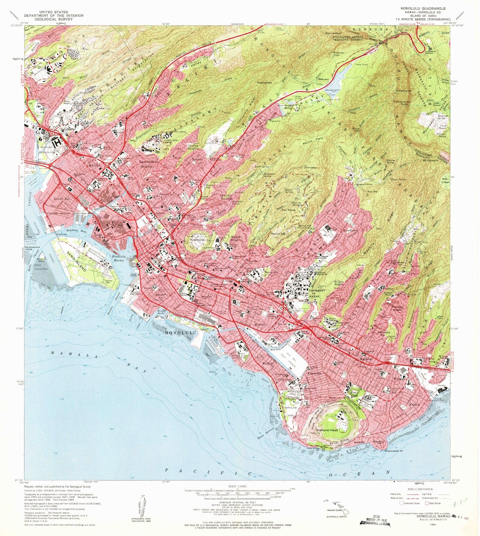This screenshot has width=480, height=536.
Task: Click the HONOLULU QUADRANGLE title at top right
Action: (x=423, y=8)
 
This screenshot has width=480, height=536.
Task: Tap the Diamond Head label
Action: (x=327, y=430)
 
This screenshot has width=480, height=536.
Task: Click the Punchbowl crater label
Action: (x=196, y=240)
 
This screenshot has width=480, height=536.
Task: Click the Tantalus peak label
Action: (x=312, y=168)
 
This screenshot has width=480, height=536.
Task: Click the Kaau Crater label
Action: (x=445, y=180)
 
